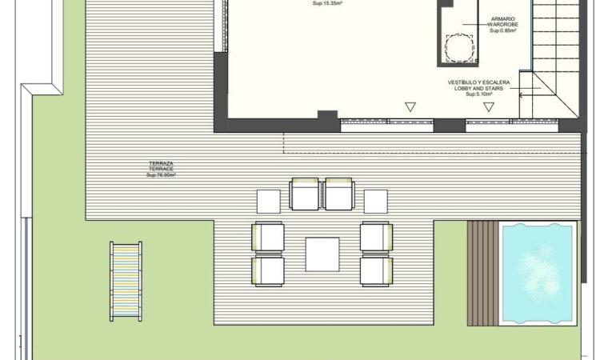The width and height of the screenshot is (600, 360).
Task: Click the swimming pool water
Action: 538,273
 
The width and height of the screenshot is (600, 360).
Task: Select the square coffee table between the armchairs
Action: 322,254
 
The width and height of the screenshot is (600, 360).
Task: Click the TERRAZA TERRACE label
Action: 161,166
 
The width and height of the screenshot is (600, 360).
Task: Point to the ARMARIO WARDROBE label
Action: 504,22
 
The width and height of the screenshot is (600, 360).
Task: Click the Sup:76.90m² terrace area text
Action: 161,174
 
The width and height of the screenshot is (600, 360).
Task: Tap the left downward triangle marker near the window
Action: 410,106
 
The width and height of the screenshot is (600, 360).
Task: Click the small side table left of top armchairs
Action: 268,201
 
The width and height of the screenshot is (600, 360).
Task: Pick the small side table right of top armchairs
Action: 375,201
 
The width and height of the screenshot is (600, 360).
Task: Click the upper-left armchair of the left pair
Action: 267,237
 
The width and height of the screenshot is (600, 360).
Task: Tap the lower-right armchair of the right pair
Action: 376,270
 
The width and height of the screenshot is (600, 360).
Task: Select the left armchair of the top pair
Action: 305,194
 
